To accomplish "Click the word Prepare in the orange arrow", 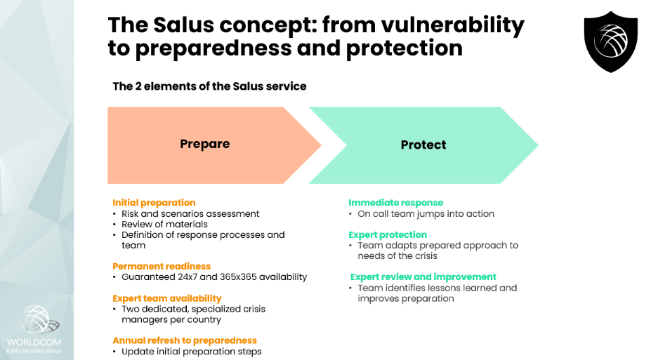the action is [x=204, y=144].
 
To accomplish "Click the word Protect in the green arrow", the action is [x=423, y=145].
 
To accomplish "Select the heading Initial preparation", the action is [x=154, y=203].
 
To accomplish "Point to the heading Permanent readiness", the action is [x=162, y=266].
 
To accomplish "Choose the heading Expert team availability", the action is [x=167, y=298].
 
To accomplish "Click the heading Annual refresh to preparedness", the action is [x=185, y=340].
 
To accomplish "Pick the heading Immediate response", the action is [x=396, y=203].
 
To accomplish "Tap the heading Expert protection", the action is [x=388, y=234].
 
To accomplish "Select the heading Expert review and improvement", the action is [x=423, y=276].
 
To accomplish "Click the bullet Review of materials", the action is [x=164, y=225].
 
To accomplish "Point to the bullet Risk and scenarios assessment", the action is [x=190, y=213].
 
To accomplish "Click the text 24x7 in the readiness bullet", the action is [x=184, y=277].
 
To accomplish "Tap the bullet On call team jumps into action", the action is [x=426, y=213].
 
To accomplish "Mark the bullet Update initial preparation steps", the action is [x=191, y=351].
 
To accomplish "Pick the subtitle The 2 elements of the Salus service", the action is [x=209, y=86].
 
